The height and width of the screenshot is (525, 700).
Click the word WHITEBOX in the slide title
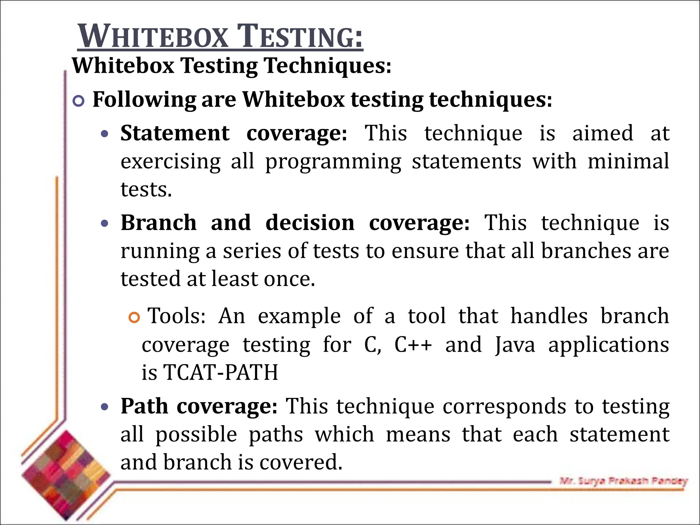(x=153, y=37)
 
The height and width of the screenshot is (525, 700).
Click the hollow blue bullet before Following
(x=79, y=101)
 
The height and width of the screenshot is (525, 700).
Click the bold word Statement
(x=175, y=133)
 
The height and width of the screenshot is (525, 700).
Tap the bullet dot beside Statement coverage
(x=105, y=134)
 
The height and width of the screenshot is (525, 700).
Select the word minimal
(x=628, y=161)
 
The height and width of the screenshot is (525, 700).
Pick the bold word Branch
(x=159, y=223)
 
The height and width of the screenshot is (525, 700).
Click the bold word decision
(x=310, y=223)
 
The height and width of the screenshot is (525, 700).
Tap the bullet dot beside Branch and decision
(x=105, y=224)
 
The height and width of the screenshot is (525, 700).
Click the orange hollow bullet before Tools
(x=135, y=318)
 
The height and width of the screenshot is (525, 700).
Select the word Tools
(x=176, y=316)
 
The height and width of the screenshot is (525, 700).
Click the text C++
(x=413, y=345)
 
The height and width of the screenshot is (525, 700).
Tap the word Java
(x=515, y=345)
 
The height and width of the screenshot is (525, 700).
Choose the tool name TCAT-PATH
(x=221, y=372)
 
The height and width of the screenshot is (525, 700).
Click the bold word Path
(x=144, y=406)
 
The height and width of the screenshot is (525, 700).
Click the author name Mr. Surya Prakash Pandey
(x=623, y=481)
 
